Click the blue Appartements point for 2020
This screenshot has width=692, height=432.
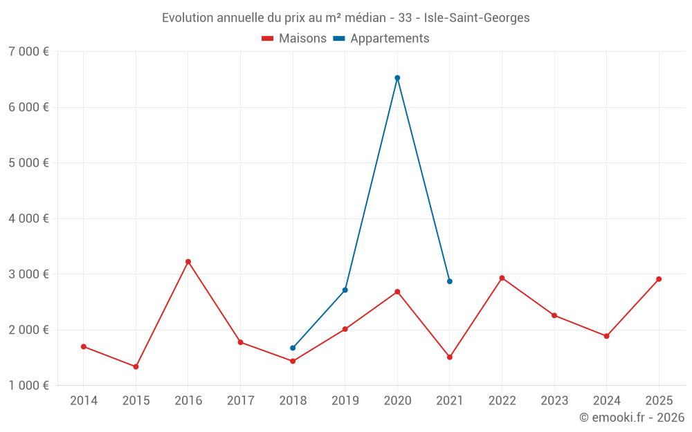pos(397,78)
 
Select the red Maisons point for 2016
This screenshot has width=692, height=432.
pos(188,262)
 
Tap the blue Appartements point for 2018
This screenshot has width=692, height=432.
pos(293,348)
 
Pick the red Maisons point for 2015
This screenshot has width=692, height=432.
pos(136,367)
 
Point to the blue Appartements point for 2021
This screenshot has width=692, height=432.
pos(450,281)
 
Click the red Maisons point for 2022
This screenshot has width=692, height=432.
pos(502,278)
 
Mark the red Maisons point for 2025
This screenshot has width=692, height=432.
pos(659,279)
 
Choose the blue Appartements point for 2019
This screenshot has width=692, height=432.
pos(345,290)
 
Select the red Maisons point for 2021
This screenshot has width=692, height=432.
pos(450,357)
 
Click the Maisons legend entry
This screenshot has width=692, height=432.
pos(294,39)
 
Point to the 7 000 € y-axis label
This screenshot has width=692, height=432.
pos(29,52)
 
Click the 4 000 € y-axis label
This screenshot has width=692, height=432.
pos(29,218)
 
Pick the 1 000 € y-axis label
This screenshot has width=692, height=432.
pos(29,386)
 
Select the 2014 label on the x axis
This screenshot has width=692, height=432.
pos(84,400)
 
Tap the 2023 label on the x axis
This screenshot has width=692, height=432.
pos(554,400)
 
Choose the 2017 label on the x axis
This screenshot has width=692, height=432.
pos(240,400)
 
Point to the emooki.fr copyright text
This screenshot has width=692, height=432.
pos(632,417)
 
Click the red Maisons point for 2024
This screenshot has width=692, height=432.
pos(606,336)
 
